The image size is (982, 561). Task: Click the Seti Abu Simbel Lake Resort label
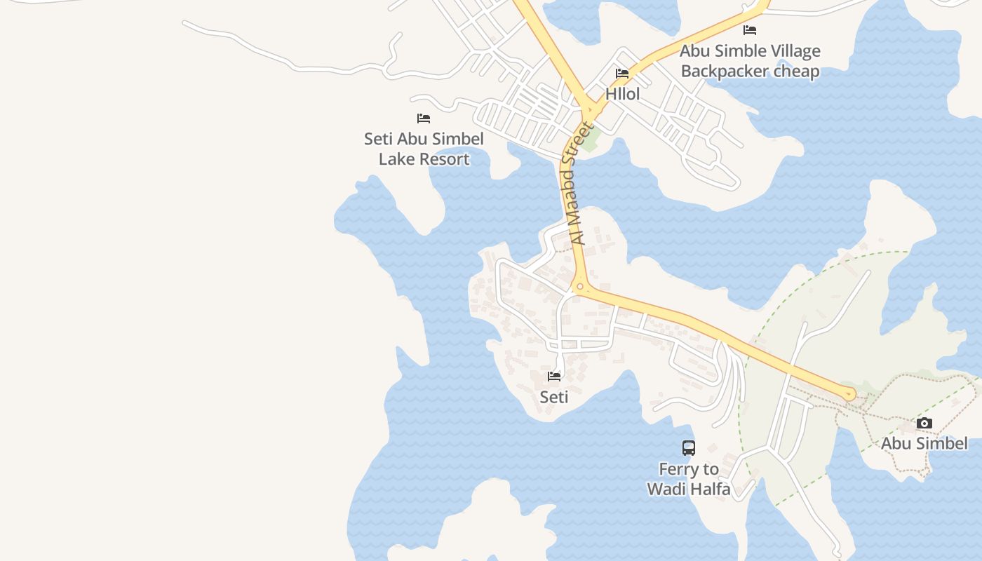coord(424,149)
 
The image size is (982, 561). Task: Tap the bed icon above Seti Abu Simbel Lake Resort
coord(424,119)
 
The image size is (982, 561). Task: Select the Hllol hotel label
coord(623,94)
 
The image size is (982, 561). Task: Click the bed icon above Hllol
coord(622,74)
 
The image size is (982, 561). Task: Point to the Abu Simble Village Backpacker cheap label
coord(750,61)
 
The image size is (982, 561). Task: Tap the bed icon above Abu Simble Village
coord(750,30)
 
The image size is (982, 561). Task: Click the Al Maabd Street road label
coord(577,184)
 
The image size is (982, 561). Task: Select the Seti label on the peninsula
coord(554,397)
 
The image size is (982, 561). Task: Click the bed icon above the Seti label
coord(554,377)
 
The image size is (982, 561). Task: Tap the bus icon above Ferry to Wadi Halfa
coord(689,448)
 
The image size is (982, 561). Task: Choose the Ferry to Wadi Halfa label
coord(689,479)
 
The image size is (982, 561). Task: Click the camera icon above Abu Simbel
coord(924,423)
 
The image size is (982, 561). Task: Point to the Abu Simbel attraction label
coord(924,443)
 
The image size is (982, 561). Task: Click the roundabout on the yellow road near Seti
coord(579,287)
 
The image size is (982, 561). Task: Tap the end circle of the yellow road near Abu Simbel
coord(850,395)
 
